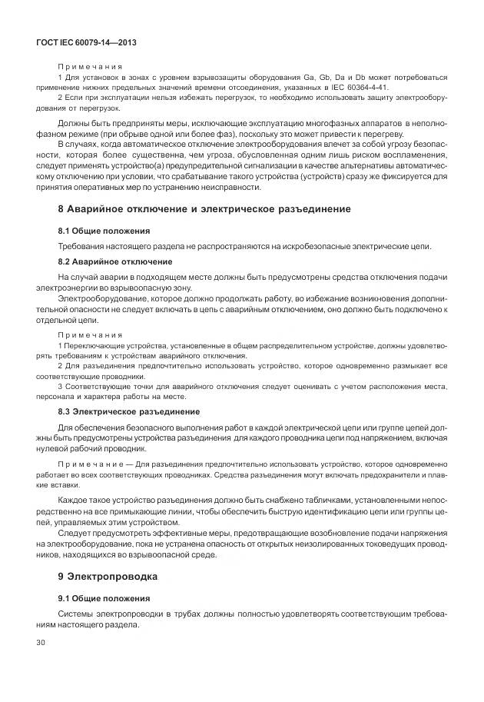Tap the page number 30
pyautogui.click(x=40, y=640)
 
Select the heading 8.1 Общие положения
pyautogui.click(x=104, y=231)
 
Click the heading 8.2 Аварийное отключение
pyautogui.click(x=113, y=261)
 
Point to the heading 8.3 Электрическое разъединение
pyautogui.click(x=128, y=412)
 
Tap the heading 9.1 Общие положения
pyautogui.click(x=104, y=598)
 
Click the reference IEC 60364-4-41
pyautogui.click(x=360, y=88)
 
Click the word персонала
pyautogui.click(x=78, y=397)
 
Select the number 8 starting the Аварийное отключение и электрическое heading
pyautogui.click(x=61, y=208)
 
